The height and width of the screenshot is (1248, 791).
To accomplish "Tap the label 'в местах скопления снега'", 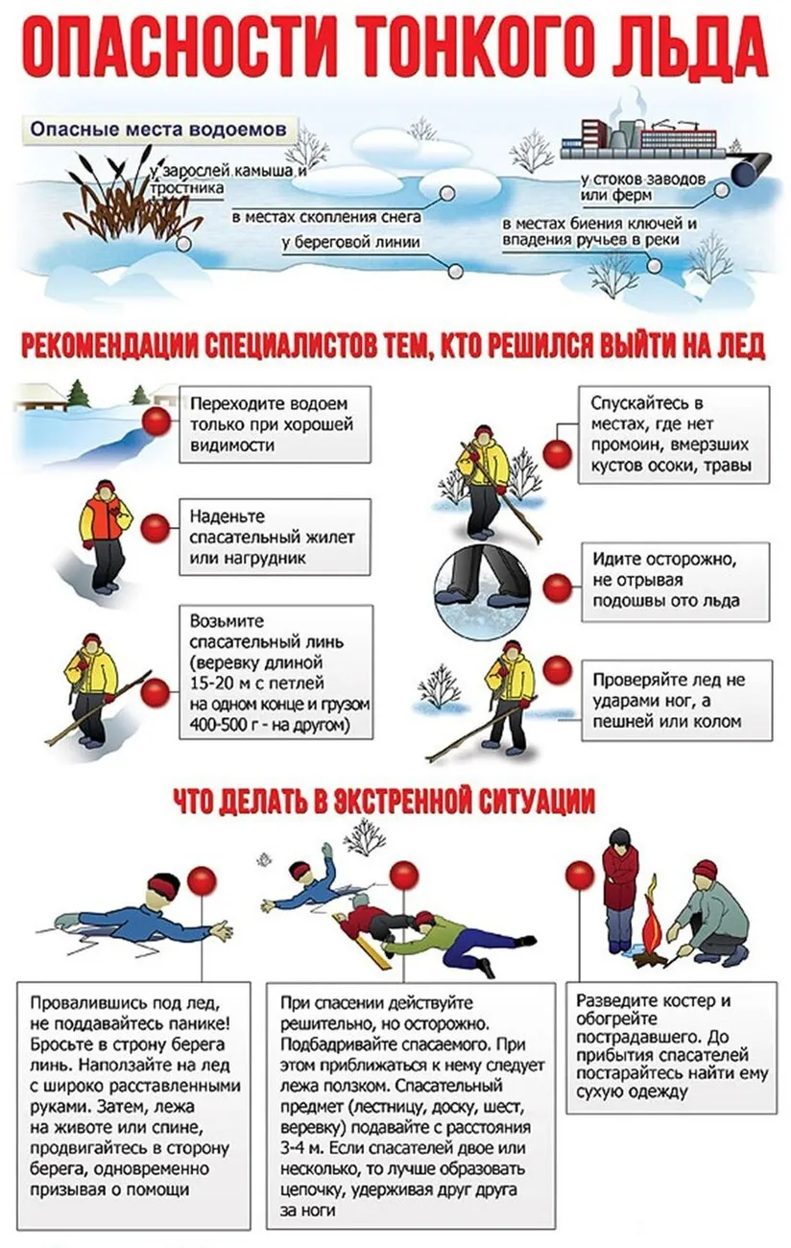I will point(327,216).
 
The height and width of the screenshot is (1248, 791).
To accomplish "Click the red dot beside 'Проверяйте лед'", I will point(557,669).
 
